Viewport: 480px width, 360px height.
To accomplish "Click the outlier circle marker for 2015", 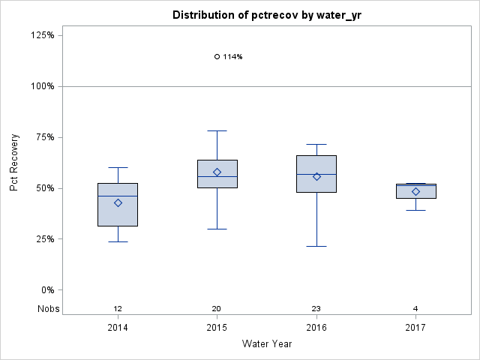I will [x=217, y=56].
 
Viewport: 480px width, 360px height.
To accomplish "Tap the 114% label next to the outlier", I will [x=232, y=57].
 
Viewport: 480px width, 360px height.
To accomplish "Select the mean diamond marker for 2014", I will [x=118, y=202].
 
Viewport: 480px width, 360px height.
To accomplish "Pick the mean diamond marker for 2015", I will [x=217, y=172].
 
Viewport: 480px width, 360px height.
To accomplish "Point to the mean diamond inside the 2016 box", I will [x=316, y=176].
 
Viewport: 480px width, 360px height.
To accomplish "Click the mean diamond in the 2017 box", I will [x=415, y=191].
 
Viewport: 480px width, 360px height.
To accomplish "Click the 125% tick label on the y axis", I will [x=42, y=35].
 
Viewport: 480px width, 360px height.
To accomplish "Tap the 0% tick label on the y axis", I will [x=46, y=290].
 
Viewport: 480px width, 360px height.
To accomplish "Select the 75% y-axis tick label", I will [x=44, y=137].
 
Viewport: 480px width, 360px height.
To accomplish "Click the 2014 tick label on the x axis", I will [x=118, y=328].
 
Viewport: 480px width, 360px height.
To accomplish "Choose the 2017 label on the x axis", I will [x=415, y=328].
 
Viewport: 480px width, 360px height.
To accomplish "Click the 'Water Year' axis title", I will [x=267, y=344].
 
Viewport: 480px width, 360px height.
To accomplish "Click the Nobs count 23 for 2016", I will [x=316, y=309].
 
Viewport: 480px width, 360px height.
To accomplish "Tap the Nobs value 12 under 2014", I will [x=118, y=309].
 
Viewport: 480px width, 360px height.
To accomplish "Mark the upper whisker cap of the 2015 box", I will [x=217, y=130].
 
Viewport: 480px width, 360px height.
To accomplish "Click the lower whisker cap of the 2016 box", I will [x=316, y=246].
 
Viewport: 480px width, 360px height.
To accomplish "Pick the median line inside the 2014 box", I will [x=118, y=196].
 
